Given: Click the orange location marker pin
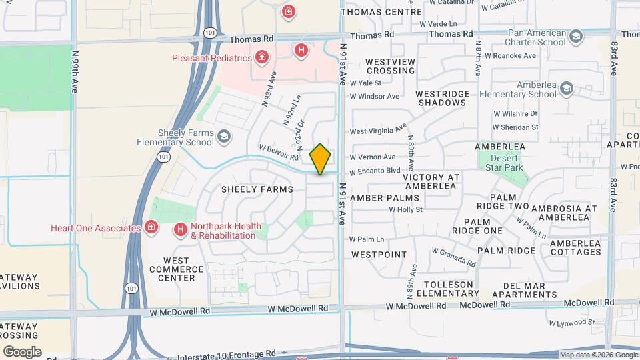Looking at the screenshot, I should (x=321, y=159).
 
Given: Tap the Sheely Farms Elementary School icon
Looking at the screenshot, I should (x=224, y=137).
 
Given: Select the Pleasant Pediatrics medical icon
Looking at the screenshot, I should (x=262, y=58).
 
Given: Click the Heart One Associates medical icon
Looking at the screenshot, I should (x=152, y=228).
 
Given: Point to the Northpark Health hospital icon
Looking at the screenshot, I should (x=180, y=231).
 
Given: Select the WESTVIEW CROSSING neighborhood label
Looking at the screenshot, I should (x=390, y=66).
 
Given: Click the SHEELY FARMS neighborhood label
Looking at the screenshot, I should (x=257, y=190).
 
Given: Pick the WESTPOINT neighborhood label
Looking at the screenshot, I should (x=379, y=255).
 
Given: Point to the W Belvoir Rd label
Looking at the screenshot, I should (x=278, y=152).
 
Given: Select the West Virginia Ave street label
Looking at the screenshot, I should (x=378, y=131).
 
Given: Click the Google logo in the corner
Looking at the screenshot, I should (x=22, y=351).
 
